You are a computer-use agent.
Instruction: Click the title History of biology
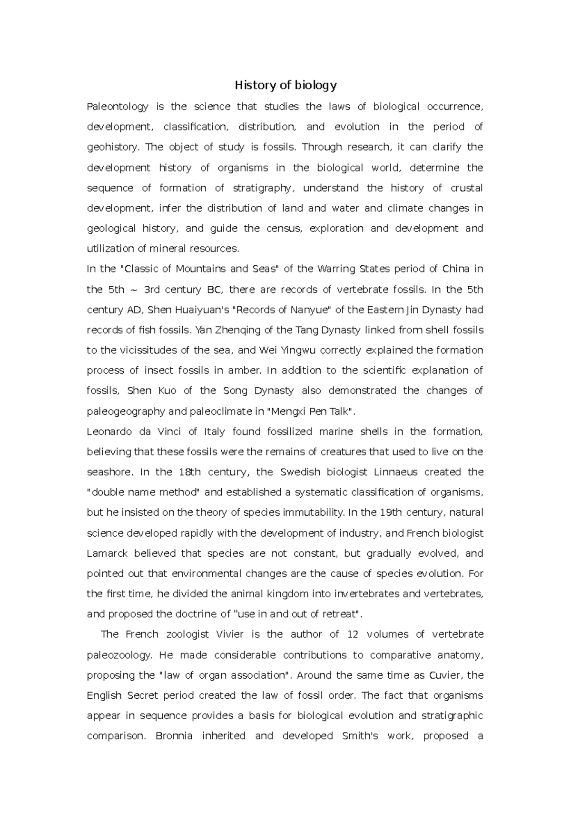285,86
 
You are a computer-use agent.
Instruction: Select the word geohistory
113,147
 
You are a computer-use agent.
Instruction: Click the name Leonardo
108,432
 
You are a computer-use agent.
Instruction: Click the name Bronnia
174,736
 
